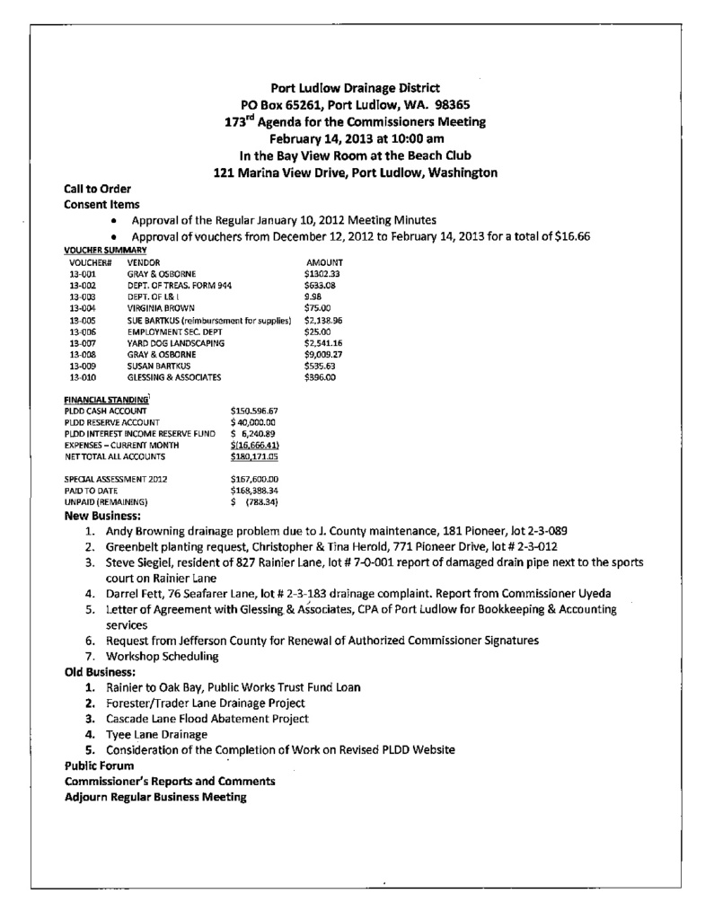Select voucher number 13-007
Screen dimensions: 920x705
click(80, 342)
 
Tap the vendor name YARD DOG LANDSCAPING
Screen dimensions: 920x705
click(175, 342)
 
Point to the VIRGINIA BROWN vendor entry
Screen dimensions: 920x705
click(161, 307)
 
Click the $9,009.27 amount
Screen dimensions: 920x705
click(324, 354)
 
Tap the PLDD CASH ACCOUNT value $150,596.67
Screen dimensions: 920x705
click(254, 410)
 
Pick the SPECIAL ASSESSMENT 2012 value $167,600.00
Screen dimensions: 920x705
click(255, 480)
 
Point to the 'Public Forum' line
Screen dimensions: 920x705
click(99, 765)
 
